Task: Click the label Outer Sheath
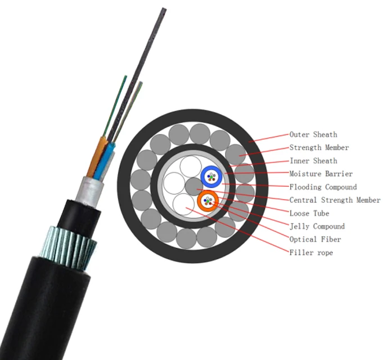[x=313, y=135]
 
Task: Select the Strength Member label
[x=319, y=148]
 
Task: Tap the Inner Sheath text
[x=313, y=161]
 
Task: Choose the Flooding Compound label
[x=323, y=187]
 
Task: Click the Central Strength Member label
[x=335, y=200]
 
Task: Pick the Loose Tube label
[x=309, y=213]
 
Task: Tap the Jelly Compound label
[x=317, y=226]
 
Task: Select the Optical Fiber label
[x=315, y=239]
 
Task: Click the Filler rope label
[x=311, y=253]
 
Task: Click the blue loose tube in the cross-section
[x=211, y=177]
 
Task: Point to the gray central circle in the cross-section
[x=193, y=186]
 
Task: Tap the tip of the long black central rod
[x=164, y=10]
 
